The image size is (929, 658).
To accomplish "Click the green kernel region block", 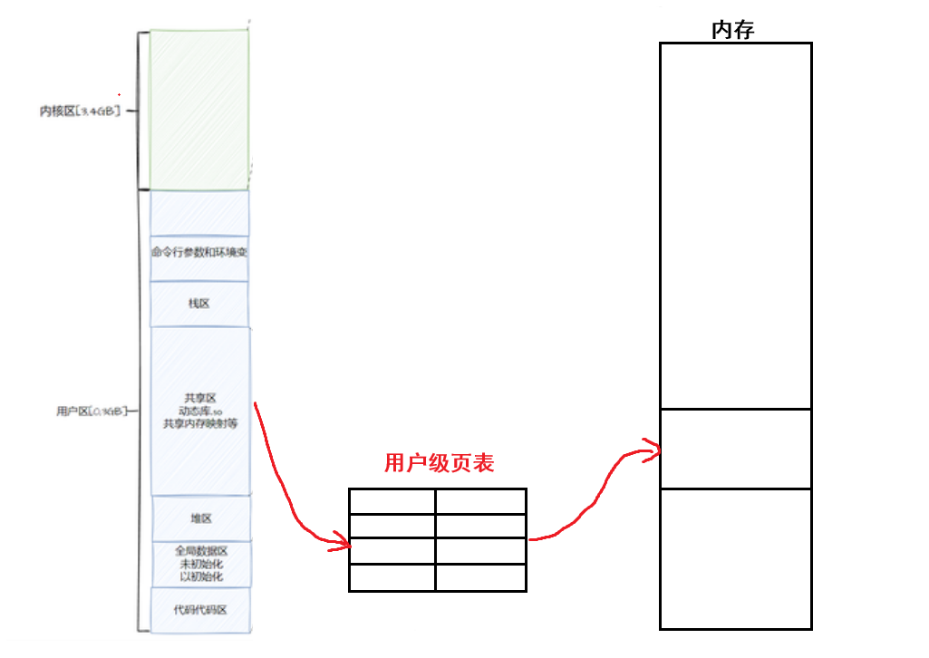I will point(198,109).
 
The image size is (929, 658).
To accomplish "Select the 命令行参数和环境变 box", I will point(199,252).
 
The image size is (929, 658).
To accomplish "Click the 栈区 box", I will point(199,304).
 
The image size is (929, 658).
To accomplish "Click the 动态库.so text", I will point(200,411).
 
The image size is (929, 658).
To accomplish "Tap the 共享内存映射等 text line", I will point(200,423).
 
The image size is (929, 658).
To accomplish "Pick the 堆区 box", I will point(200,518).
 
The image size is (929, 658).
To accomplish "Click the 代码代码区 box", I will point(200,609).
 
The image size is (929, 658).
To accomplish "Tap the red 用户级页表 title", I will point(439,463).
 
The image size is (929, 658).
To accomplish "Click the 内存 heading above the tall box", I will point(733,30).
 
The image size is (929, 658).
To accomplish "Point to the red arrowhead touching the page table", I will point(343,544).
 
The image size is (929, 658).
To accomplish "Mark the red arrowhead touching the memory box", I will point(653,449).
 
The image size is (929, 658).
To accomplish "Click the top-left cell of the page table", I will point(392,501).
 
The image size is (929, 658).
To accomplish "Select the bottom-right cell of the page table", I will point(480,577).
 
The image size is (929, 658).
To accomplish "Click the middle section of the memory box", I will point(735,449).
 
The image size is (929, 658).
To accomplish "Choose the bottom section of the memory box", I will point(735,557).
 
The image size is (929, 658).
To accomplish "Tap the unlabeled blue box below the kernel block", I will point(199,213).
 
